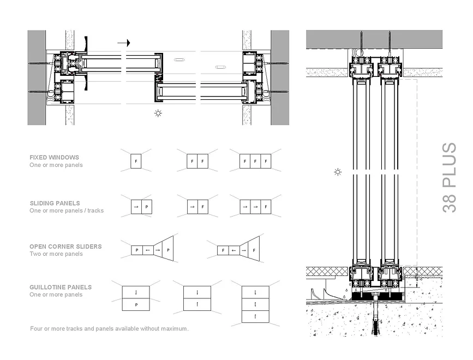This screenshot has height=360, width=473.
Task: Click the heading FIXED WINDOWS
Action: (54, 158)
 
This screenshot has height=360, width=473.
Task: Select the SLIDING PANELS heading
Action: (55, 203)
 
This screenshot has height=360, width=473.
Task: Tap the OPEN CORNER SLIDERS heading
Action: (65, 247)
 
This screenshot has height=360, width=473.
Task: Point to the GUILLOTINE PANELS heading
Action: (61, 287)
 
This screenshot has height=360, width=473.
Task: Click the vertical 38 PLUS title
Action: (449, 177)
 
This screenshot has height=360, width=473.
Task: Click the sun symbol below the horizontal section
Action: (158, 113)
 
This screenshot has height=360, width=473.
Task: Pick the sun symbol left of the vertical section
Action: (338, 172)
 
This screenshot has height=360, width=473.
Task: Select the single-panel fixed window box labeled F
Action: (136, 161)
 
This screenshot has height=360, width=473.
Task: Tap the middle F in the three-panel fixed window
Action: (255, 161)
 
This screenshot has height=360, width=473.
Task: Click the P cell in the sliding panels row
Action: (146, 207)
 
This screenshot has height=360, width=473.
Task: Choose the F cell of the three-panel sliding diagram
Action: (265, 207)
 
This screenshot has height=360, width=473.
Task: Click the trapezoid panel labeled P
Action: (168, 250)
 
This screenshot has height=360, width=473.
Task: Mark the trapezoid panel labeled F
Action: (254, 250)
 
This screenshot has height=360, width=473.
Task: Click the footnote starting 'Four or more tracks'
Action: (109, 329)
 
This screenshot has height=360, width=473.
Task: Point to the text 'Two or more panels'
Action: (56, 254)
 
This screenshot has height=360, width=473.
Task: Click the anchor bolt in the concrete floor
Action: (376, 319)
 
